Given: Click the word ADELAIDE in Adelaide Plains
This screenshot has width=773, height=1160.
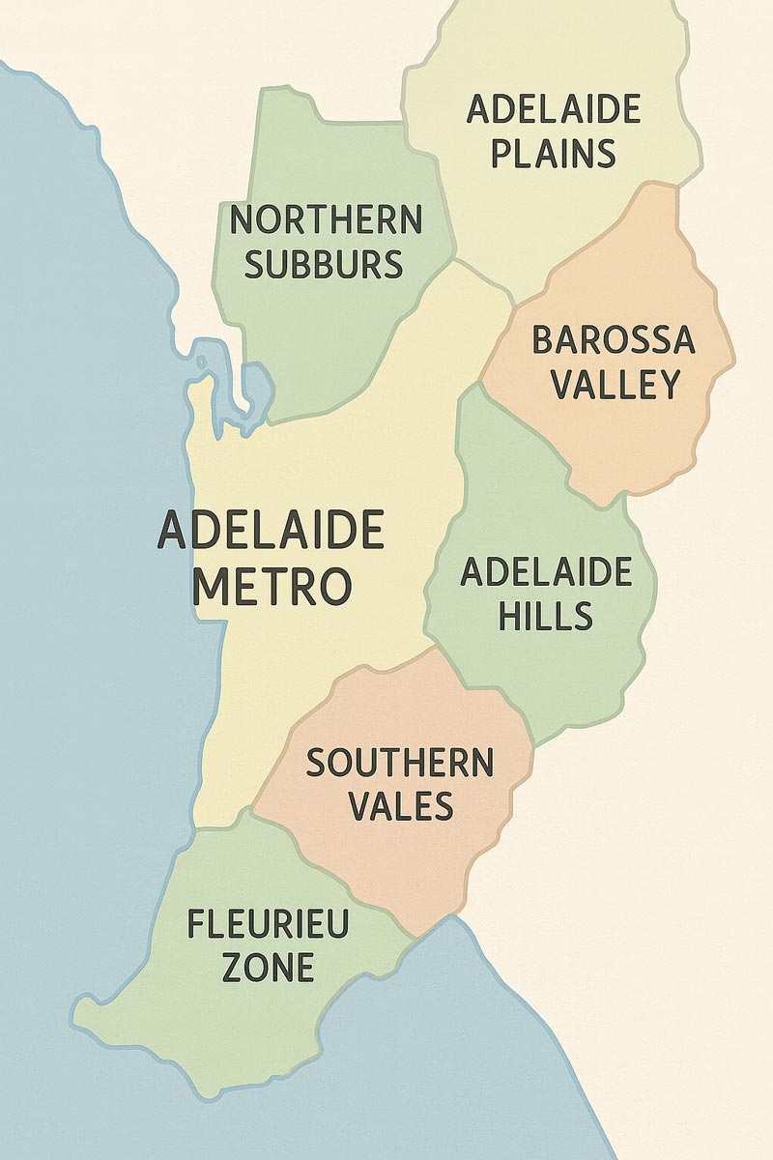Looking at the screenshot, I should coord(553,109).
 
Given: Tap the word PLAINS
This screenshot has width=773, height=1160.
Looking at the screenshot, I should coord(553,154).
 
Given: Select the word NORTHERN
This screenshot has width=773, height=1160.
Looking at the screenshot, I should coord(326,220).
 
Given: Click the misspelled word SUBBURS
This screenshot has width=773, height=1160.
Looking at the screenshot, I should coord(324,264).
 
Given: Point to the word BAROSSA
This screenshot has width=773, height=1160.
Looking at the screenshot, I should coord(614,340).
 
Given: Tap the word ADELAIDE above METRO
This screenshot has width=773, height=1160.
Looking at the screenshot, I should coord(271,531).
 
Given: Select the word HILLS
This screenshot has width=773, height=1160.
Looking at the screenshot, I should coord(545,616).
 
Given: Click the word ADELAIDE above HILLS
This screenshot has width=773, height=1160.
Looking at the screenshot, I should coord(546,572).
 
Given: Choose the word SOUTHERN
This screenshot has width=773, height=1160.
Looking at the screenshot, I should coord(399,764).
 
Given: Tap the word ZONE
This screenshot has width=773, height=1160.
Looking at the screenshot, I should coord(268,967).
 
